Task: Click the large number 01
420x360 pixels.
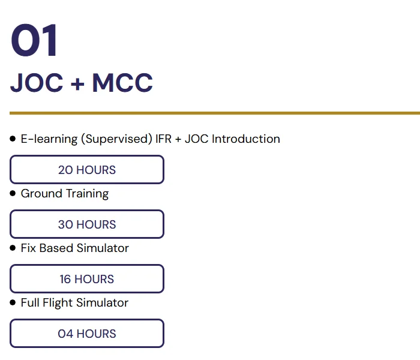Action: point(34,40)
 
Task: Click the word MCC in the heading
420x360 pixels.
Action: point(122,83)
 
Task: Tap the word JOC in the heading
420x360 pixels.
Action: point(37,83)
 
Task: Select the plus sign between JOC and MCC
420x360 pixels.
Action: point(77,83)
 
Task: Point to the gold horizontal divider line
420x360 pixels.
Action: point(215,113)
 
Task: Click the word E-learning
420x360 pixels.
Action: point(49,139)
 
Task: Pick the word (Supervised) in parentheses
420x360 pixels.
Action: point(116,139)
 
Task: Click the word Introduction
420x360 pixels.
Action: point(245,139)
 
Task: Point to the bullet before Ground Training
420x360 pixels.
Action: point(13,193)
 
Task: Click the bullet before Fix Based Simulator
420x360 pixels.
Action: point(13,248)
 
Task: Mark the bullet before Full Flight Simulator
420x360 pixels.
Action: point(13,302)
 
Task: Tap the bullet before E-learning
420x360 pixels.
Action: point(13,139)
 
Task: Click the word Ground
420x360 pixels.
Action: point(41,193)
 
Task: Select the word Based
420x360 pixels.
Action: point(56,248)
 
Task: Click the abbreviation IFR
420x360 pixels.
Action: point(163,139)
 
